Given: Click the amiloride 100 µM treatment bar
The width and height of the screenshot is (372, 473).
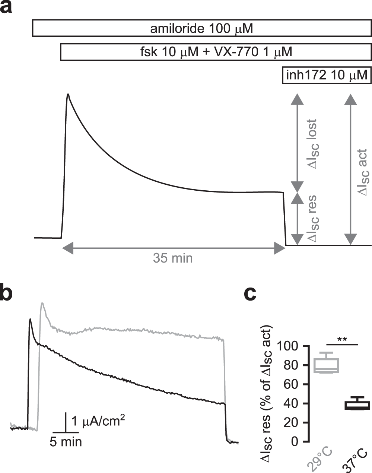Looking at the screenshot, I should [201, 29].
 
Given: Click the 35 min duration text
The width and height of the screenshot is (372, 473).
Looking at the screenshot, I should [173, 258].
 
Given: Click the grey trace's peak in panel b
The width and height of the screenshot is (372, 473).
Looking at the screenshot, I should [43, 303].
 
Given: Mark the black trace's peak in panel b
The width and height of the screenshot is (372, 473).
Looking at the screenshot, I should [30, 319].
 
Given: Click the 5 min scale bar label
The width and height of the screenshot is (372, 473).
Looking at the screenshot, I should [66, 442].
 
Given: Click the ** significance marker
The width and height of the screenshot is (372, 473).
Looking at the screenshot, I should [341, 340].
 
